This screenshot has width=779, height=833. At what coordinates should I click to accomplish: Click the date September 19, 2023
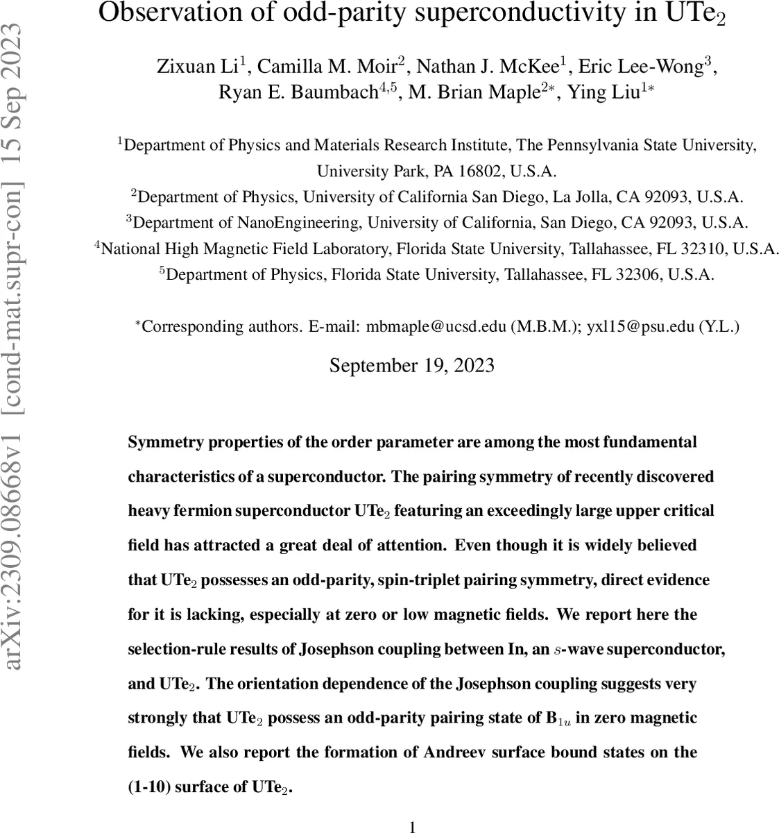411,365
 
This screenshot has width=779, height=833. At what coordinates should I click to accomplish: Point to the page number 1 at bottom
412,826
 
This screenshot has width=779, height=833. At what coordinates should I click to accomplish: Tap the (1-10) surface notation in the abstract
148,787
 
